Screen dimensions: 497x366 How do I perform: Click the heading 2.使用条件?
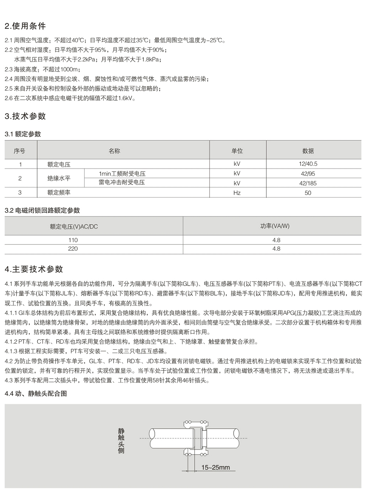point(25,26)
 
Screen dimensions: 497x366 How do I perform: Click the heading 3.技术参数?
point(25,116)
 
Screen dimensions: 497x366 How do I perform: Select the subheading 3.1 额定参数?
point(23,134)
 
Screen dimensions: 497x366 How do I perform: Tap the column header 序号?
point(20,151)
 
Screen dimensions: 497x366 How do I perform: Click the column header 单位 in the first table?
point(237,151)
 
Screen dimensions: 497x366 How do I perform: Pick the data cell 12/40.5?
point(308,164)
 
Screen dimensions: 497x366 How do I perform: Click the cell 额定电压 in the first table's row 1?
point(59,164)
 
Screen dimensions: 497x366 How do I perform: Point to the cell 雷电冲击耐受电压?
point(122,182)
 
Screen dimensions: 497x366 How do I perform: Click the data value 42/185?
point(308,183)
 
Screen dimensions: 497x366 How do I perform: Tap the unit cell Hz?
point(237,193)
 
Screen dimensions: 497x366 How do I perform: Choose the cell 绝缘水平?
point(59,178)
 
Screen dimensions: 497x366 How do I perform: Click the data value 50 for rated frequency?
point(308,193)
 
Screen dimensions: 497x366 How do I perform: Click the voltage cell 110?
point(73,240)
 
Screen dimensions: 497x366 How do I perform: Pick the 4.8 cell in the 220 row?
point(276,249)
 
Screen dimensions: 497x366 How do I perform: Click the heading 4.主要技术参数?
point(34,269)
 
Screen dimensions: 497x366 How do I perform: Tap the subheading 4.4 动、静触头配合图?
point(36,394)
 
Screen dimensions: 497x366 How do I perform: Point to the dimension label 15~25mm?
point(216,467)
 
